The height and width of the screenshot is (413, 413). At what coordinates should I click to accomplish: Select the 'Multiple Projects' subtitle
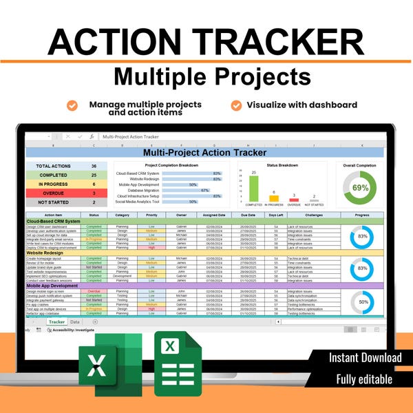click(x=206, y=76)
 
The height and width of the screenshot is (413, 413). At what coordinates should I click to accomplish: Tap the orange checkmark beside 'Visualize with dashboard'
click(x=236, y=105)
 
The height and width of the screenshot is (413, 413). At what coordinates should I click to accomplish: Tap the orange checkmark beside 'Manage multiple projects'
click(x=72, y=105)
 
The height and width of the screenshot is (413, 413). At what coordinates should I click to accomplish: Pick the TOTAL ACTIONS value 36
click(x=94, y=167)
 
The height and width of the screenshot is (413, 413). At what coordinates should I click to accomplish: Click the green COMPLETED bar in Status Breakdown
click(x=254, y=189)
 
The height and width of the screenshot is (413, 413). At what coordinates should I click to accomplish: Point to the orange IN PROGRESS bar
click(x=274, y=198)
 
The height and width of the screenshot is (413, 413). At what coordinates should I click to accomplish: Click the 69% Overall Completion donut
click(x=360, y=188)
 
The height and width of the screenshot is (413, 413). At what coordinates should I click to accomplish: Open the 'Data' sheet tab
click(x=75, y=321)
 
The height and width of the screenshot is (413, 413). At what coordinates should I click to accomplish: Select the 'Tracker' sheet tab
click(x=56, y=321)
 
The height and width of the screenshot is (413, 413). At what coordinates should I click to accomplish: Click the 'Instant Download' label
click(x=365, y=357)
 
